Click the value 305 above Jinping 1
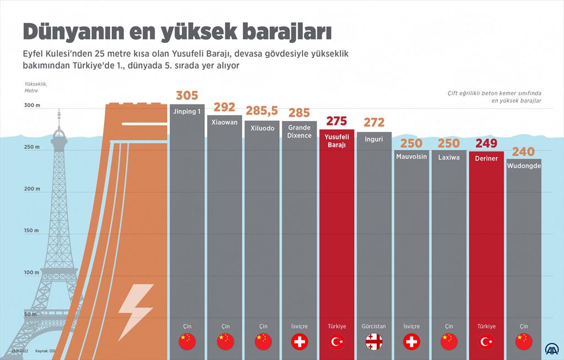pyautogui.click(x=187, y=96)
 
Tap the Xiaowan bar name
pyautogui.click(x=224, y=122)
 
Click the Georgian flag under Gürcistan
pyautogui.click(x=374, y=342)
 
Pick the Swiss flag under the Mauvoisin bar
pyautogui.click(x=411, y=342)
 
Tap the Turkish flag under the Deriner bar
pyautogui.click(x=486, y=342)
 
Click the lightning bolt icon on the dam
pyautogui.click(x=135, y=312)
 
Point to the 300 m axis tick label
pyautogui.click(x=32, y=105)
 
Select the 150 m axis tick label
pyautogui.click(x=32, y=231)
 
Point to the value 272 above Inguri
pyautogui.click(x=374, y=123)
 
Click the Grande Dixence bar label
pyautogui.click(x=299, y=131)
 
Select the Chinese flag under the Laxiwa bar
pyautogui.click(x=449, y=342)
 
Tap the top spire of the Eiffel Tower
pyautogui.click(x=59, y=113)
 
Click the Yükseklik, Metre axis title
pyautogui.click(x=35, y=87)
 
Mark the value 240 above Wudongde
pyautogui.click(x=523, y=151)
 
